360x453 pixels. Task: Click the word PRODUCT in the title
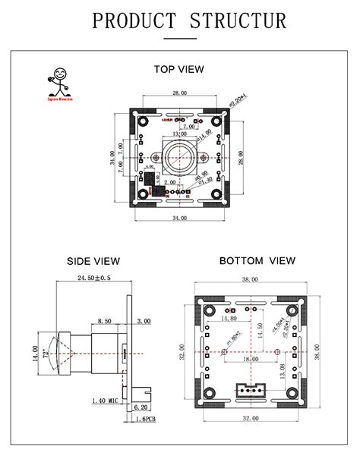click(x=134, y=20)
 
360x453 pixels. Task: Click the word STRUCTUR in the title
click(x=238, y=20)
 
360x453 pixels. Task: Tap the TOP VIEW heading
click(x=179, y=69)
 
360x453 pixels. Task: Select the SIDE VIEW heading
click(x=93, y=261)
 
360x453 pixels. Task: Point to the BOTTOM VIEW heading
click(x=257, y=261)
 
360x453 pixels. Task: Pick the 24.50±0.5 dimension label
click(x=93, y=278)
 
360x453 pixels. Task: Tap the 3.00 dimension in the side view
click(x=143, y=322)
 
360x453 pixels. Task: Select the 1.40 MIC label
click(x=104, y=400)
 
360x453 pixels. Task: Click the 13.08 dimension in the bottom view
click(x=284, y=370)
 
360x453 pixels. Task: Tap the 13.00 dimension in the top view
click(x=180, y=134)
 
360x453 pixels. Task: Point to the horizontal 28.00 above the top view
click(x=180, y=93)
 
